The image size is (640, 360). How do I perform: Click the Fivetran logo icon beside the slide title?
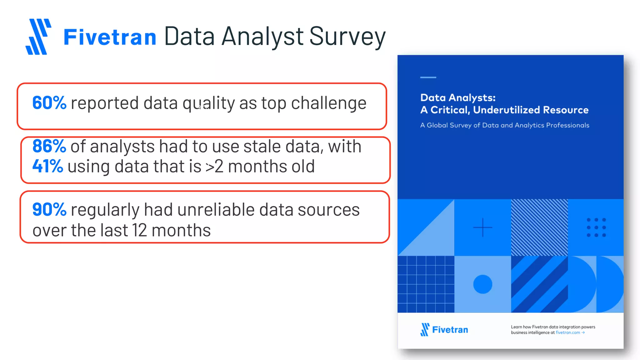click(38, 37)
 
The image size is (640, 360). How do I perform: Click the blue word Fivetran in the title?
click(110, 37)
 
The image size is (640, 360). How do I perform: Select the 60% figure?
click(49, 103)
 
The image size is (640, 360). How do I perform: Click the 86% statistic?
click(49, 146)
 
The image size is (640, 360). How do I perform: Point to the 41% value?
click(47, 166)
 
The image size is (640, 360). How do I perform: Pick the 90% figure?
click(49, 209)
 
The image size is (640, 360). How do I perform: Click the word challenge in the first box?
click(328, 103)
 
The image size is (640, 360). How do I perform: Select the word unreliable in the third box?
click(216, 209)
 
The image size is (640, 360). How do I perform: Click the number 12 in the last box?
click(139, 230)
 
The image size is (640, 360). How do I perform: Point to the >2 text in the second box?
click(214, 167)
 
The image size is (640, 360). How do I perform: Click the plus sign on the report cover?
click(482, 227)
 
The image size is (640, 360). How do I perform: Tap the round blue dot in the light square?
click(482, 284)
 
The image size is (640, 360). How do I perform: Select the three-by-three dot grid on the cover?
click(596, 227)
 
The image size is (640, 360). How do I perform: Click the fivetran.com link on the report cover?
click(567, 332)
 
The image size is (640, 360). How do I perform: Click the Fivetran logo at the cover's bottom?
click(444, 330)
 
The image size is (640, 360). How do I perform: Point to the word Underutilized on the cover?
click(507, 110)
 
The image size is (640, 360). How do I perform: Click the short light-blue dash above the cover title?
click(428, 77)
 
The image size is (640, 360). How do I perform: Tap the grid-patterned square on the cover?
click(426, 284)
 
